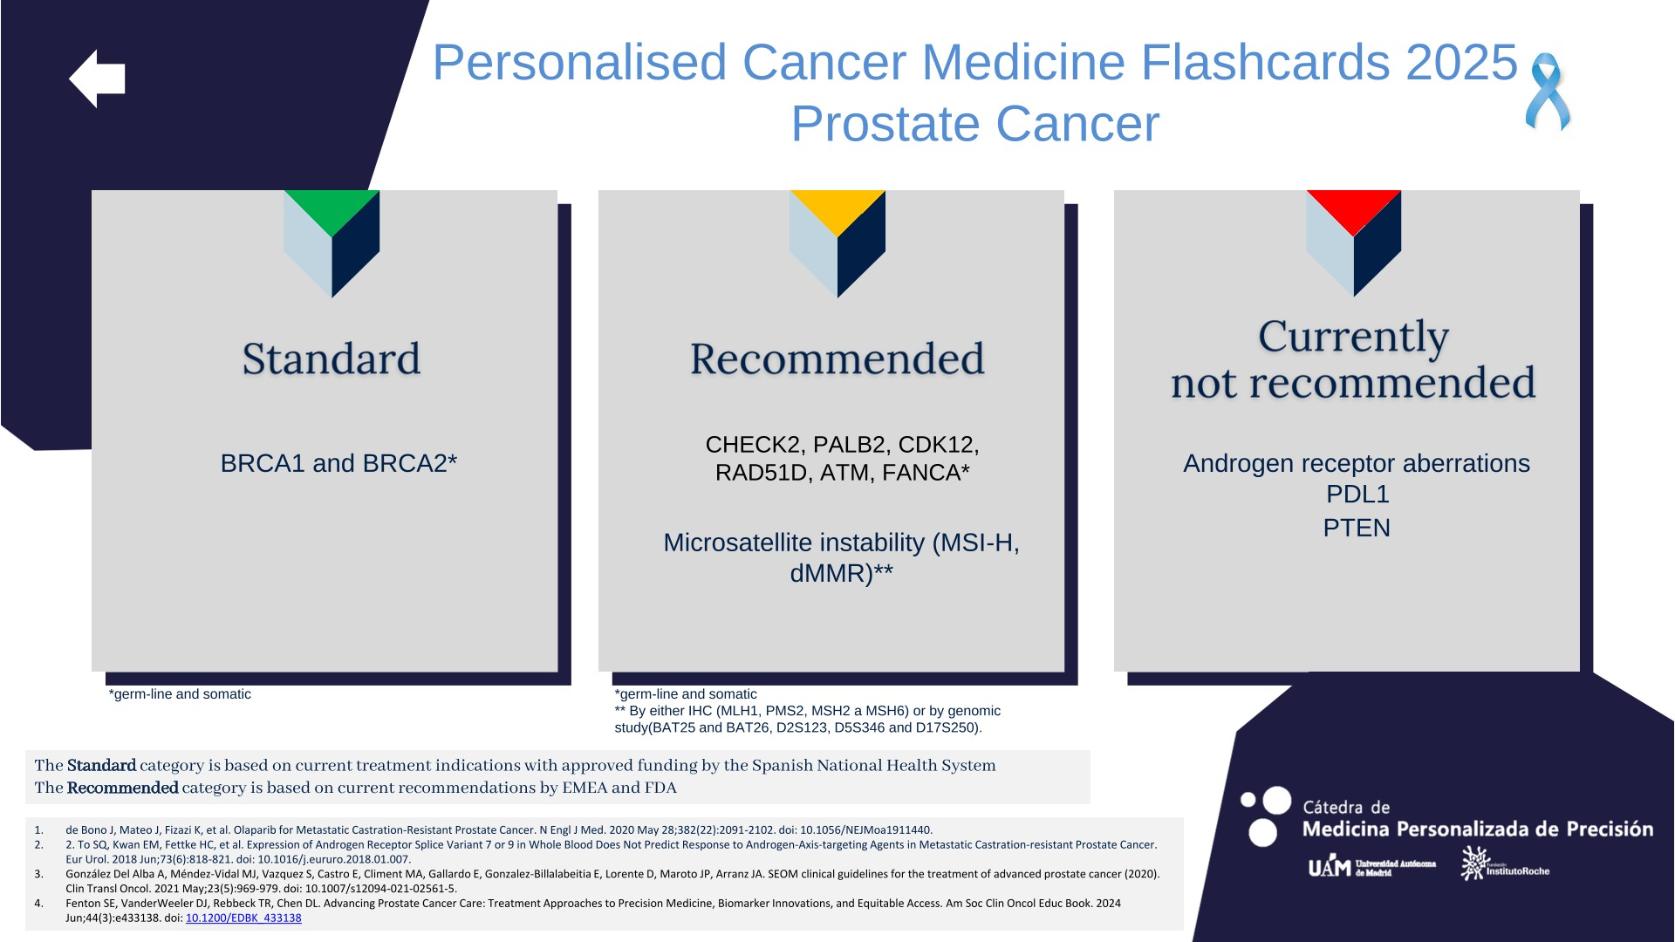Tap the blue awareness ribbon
click(x=1547, y=92)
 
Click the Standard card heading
click(x=332, y=358)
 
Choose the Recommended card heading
click(x=837, y=358)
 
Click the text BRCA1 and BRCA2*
click(x=338, y=463)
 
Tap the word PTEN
click(x=1357, y=528)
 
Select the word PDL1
click(x=1357, y=494)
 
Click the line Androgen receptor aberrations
click(x=1357, y=463)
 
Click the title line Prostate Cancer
click(x=975, y=123)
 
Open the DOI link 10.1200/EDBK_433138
click(x=243, y=918)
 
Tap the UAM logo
click(x=1371, y=866)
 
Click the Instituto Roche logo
click(x=1505, y=863)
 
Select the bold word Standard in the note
click(x=101, y=765)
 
